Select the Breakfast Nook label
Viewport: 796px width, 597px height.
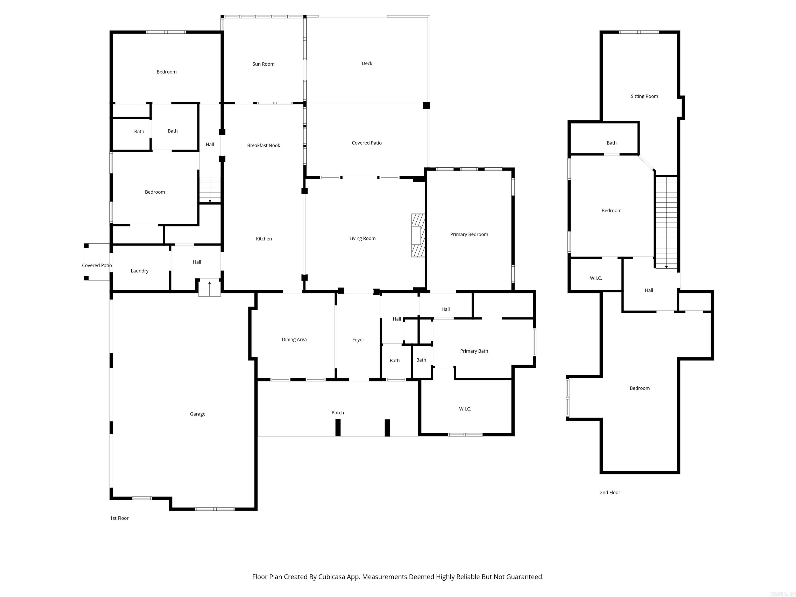(x=264, y=145)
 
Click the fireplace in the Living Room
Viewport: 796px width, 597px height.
(x=418, y=235)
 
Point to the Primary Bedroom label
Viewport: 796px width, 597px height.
(x=469, y=234)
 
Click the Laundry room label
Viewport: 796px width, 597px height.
(x=140, y=271)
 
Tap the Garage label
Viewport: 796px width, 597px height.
(x=197, y=414)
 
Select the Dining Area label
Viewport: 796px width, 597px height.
(x=294, y=339)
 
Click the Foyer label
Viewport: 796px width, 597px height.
(x=358, y=340)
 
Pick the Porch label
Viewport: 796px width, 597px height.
(x=338, y=413)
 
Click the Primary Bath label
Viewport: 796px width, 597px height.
(x=474, y=351)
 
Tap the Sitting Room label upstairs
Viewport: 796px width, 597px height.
(x=644, y=96)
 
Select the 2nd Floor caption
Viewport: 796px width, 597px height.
(x=610, y=492)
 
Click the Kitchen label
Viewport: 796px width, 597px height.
(x=264, y=239)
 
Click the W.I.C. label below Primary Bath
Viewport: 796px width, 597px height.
(x=465, y=409)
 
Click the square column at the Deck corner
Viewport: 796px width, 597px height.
(x=426, y=105)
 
